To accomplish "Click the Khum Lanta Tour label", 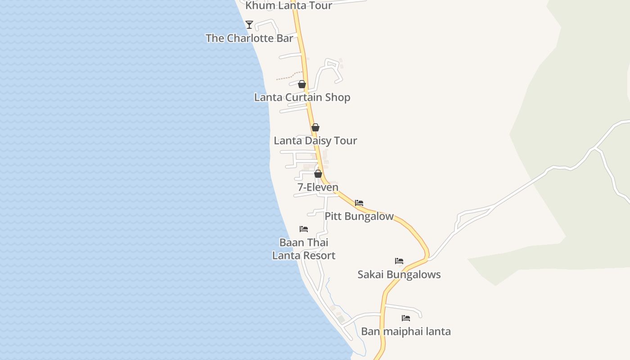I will click(288, 5).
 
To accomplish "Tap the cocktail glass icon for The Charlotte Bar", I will click(249, 24).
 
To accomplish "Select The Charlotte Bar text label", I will click(249, 38).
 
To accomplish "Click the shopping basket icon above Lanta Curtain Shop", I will click(302, 84).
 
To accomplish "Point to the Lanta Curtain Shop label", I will click(302, 97).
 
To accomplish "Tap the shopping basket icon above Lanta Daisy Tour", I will click(315, 127).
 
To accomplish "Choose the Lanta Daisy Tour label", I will click(315, 140).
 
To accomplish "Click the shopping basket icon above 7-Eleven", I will click(318, 174).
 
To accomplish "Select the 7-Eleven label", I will click(318, 187).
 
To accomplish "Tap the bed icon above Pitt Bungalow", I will click(359, 203).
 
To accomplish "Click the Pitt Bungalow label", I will click(359, 216).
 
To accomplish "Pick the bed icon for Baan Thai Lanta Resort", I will click(304, 229).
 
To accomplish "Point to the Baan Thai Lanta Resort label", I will click(304, 249).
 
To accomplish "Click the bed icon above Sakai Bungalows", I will click(399, 261).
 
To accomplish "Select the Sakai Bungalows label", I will click(399, 274).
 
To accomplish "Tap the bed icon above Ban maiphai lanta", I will click(406, 318).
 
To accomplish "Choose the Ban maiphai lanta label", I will click(406, 332).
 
